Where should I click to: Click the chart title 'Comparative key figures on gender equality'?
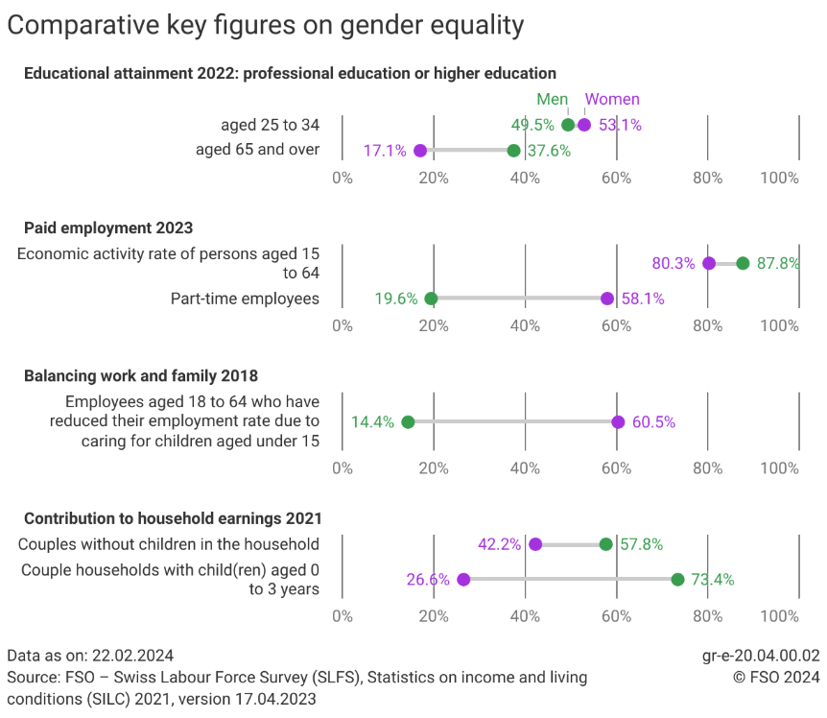(266, 26)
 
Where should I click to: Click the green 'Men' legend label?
(552, 99)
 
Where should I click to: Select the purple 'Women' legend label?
(612, 99)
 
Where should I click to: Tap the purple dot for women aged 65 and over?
(420, 151)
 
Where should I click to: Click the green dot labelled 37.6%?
(513, 151)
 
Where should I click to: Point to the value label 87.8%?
(778, 263)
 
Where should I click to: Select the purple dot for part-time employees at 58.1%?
(607, 299)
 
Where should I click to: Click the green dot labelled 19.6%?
(431, 299)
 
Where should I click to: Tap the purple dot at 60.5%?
(618, 422)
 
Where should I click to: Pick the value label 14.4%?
(372, 422)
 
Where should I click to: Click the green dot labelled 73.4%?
(677, 579)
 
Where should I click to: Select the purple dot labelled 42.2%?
(535, 544)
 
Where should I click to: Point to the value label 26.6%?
(428, 579)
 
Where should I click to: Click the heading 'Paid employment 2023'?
(108, 227)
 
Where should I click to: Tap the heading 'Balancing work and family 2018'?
(141, 375)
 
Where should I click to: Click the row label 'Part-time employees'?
(245, 299)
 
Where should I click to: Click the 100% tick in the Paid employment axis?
(779, 325)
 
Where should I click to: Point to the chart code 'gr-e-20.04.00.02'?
(761, 656)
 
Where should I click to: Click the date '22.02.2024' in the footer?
(132, 656)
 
